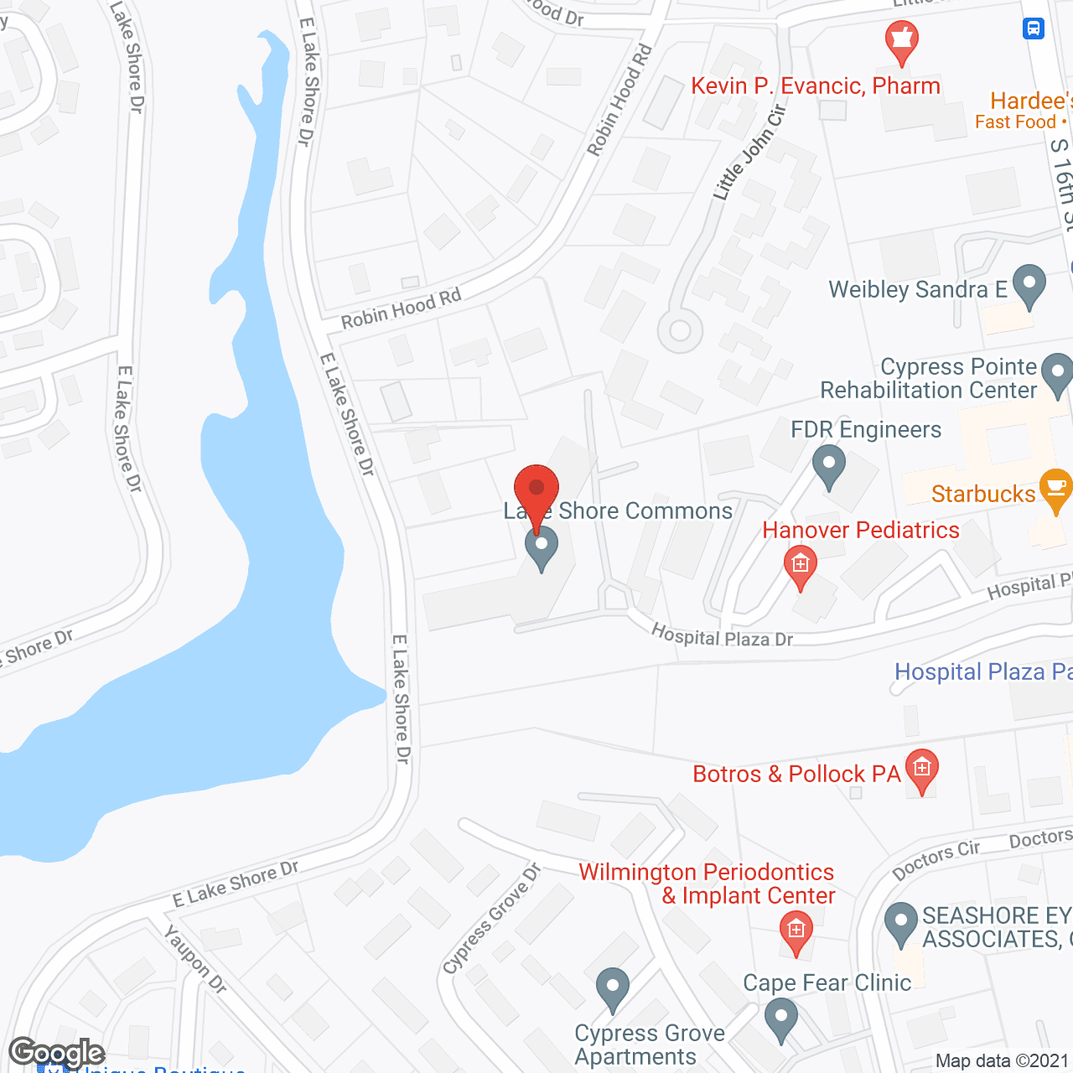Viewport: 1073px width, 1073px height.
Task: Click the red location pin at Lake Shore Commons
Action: (536, 490)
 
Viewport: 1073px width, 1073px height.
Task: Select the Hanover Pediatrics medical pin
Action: (801, 564)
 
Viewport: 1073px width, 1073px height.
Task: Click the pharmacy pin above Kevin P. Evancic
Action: (902, 39)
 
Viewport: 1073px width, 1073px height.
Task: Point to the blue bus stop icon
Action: (1033, 29)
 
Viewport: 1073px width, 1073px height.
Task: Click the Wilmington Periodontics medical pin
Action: (796, 930)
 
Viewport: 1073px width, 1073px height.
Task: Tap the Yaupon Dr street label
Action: (195, 959)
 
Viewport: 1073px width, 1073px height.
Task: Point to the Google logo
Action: (57, 1052)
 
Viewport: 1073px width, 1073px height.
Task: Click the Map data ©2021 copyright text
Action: (1002, 1060)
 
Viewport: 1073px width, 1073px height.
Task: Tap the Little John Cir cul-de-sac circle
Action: (680, 330)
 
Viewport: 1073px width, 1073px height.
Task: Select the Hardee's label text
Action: (1030, 101)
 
